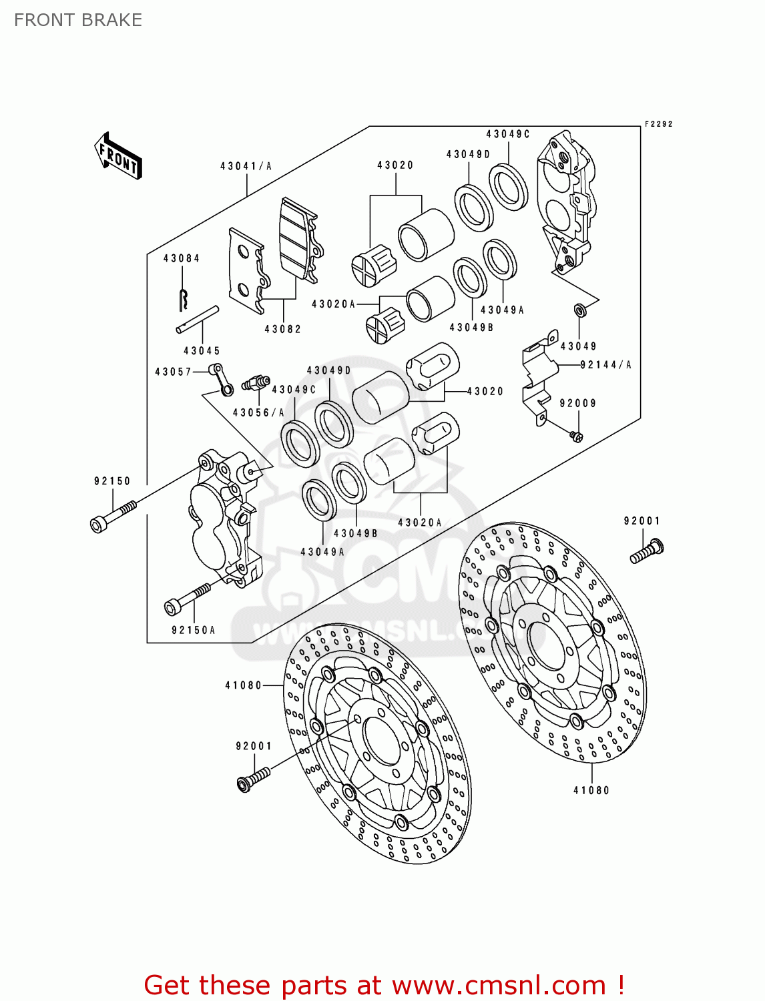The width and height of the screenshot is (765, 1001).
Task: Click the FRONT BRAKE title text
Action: pos(78,20)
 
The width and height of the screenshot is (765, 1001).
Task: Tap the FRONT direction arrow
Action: pos(119,156)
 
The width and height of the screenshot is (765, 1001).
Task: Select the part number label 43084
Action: pos(182,258)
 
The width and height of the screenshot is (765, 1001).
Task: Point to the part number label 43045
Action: pos(202,350)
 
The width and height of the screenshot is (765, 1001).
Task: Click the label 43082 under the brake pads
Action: pos(283,329)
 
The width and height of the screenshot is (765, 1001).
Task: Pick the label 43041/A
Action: pos(246,166)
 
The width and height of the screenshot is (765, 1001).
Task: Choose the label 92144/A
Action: pos(605,365)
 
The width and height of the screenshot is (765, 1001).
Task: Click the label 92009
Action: pos(578,403)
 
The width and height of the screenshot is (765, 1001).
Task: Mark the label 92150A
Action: pos(194,630)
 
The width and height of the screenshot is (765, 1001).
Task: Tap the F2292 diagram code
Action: pos(658,124)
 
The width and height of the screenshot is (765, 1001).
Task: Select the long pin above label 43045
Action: pos(198,319)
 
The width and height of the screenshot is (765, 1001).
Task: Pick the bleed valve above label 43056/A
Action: pos(255,384)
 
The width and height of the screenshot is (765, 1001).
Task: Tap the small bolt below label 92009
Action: pos(576,436)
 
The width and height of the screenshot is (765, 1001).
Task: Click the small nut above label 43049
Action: pos(579,310)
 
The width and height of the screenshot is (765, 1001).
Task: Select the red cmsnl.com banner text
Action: pos(384,985)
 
